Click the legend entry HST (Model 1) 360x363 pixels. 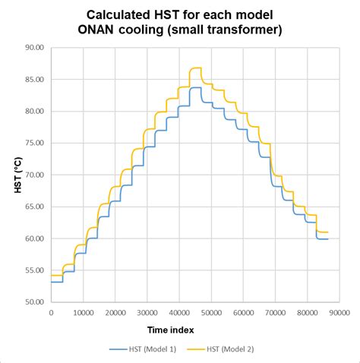144,350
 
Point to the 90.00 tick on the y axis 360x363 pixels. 33,48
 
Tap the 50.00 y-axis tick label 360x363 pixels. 33,302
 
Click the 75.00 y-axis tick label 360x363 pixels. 33,143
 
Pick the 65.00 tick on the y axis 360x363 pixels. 33,207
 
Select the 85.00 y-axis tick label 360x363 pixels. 33,80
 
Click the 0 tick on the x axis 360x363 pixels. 51,312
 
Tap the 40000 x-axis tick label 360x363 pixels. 178,312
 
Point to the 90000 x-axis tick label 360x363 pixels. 338,312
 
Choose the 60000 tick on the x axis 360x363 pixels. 242,312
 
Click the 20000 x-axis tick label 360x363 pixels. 115,312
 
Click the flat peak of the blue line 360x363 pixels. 196,88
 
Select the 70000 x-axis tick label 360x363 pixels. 274,312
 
